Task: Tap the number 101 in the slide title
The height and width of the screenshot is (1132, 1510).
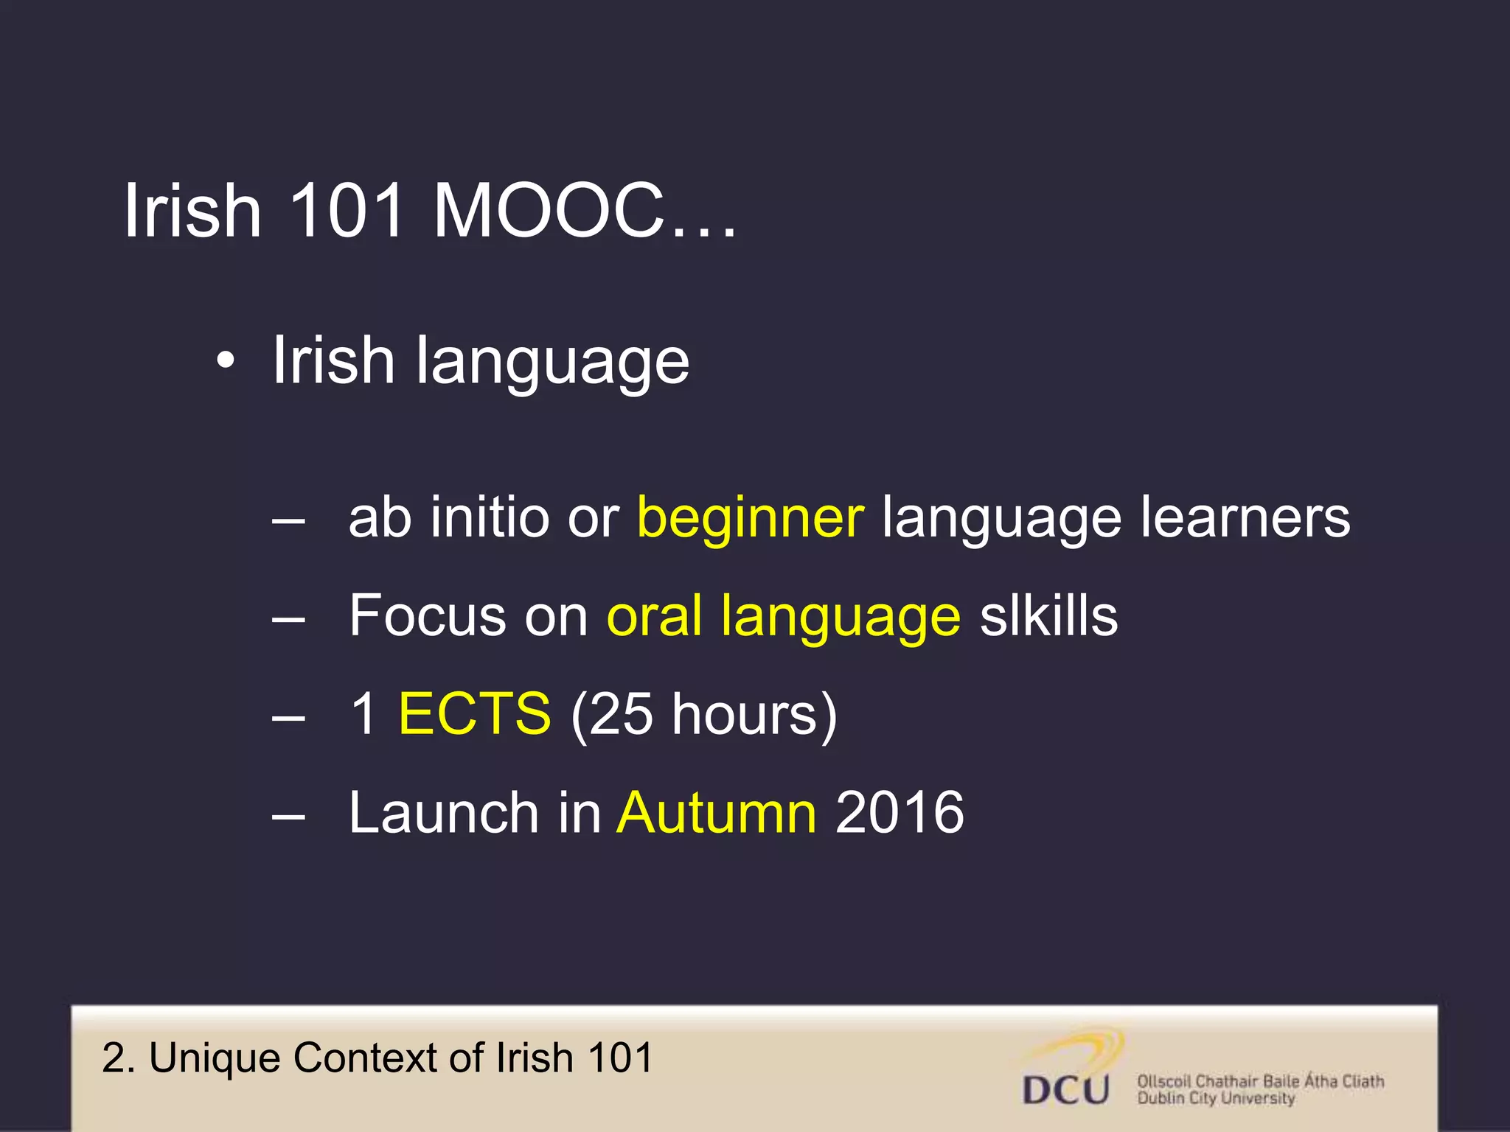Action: pos(346,212)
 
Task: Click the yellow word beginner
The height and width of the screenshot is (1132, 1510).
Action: pos(750,519)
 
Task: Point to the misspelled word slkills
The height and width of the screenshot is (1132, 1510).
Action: pos(1048,616)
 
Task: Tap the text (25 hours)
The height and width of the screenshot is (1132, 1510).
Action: pos(704,715)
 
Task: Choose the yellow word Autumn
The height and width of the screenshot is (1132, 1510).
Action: pos(717,813)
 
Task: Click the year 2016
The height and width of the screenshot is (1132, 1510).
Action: pos(900,813)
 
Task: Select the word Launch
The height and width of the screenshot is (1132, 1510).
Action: pos(444,813)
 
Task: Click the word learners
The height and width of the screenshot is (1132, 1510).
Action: pos(1245,517)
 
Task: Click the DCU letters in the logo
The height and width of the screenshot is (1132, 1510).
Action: pos(1066,1089)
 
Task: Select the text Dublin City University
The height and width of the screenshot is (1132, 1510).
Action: pos(1216,1099)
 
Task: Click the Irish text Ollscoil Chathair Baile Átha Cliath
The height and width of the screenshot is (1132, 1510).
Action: pos(1260,1081)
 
